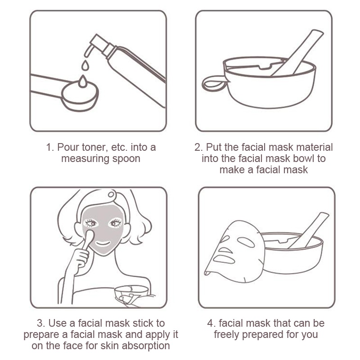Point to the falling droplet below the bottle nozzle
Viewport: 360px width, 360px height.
[x=85, y=65]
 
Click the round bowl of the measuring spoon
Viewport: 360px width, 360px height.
[x=80, y=96]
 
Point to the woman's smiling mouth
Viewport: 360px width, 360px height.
[x=103, y=243]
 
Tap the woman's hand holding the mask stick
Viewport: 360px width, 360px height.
[x=79, y=260]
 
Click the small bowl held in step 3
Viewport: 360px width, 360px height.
[x=131, y=293]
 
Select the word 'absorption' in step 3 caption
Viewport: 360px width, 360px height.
[x=146, y=346]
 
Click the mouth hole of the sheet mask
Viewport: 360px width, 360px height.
[x=224, y=259]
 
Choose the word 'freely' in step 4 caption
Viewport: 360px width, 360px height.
[x=226, y=335]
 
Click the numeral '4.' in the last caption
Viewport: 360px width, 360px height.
[x=211, y=324]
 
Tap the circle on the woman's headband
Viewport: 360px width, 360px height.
[x=111, y=195]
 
